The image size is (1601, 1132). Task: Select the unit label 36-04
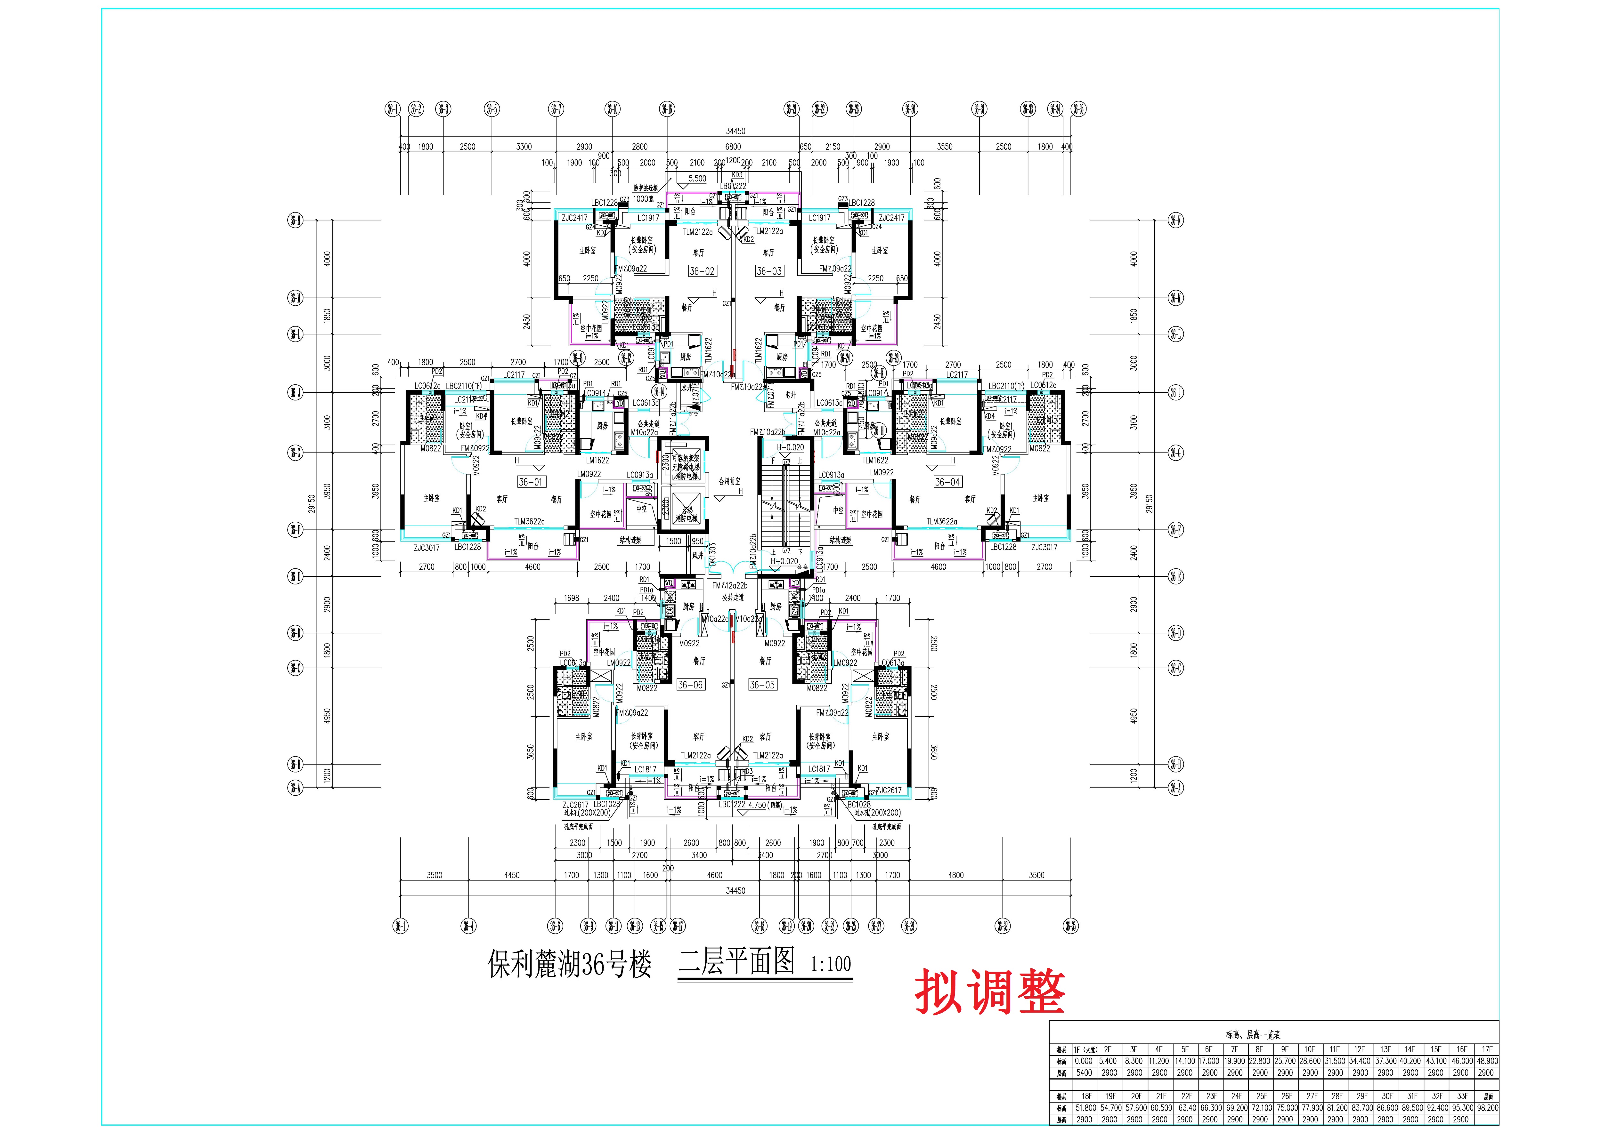(947, 482)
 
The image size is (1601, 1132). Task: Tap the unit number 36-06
(690, 685)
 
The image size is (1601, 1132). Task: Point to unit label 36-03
(769, 271)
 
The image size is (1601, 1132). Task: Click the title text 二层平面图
(736, 962)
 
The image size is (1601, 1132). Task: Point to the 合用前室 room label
(729, 481)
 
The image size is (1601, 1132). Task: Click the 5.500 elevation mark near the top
(697, 179)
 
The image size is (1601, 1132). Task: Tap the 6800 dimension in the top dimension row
(733, 147)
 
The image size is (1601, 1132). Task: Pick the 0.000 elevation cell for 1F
(1084, 1061)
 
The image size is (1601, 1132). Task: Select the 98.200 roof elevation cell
(1487, 1108)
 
